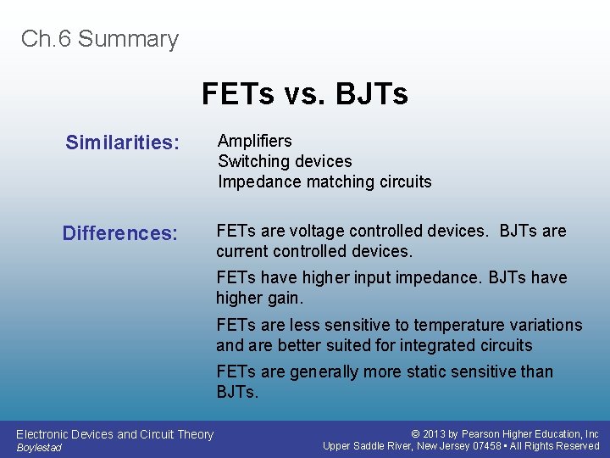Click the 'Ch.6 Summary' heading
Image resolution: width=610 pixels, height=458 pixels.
(x=100, y=39)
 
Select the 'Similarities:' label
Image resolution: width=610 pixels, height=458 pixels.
(x=123, y=142)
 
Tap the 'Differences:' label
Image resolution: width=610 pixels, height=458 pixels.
(x=120, y=233)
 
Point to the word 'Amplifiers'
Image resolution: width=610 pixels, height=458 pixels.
(x=255, y=141)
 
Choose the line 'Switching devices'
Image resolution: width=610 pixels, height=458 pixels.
(x=285, y=161)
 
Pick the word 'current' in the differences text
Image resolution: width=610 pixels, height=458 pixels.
(x=242, y=252)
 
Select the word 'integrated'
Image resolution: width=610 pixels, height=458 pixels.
(x=438, y=345)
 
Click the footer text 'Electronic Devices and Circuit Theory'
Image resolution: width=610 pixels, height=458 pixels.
(x=115, y=434)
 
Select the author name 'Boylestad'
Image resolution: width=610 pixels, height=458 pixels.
(x=39, y=448)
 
